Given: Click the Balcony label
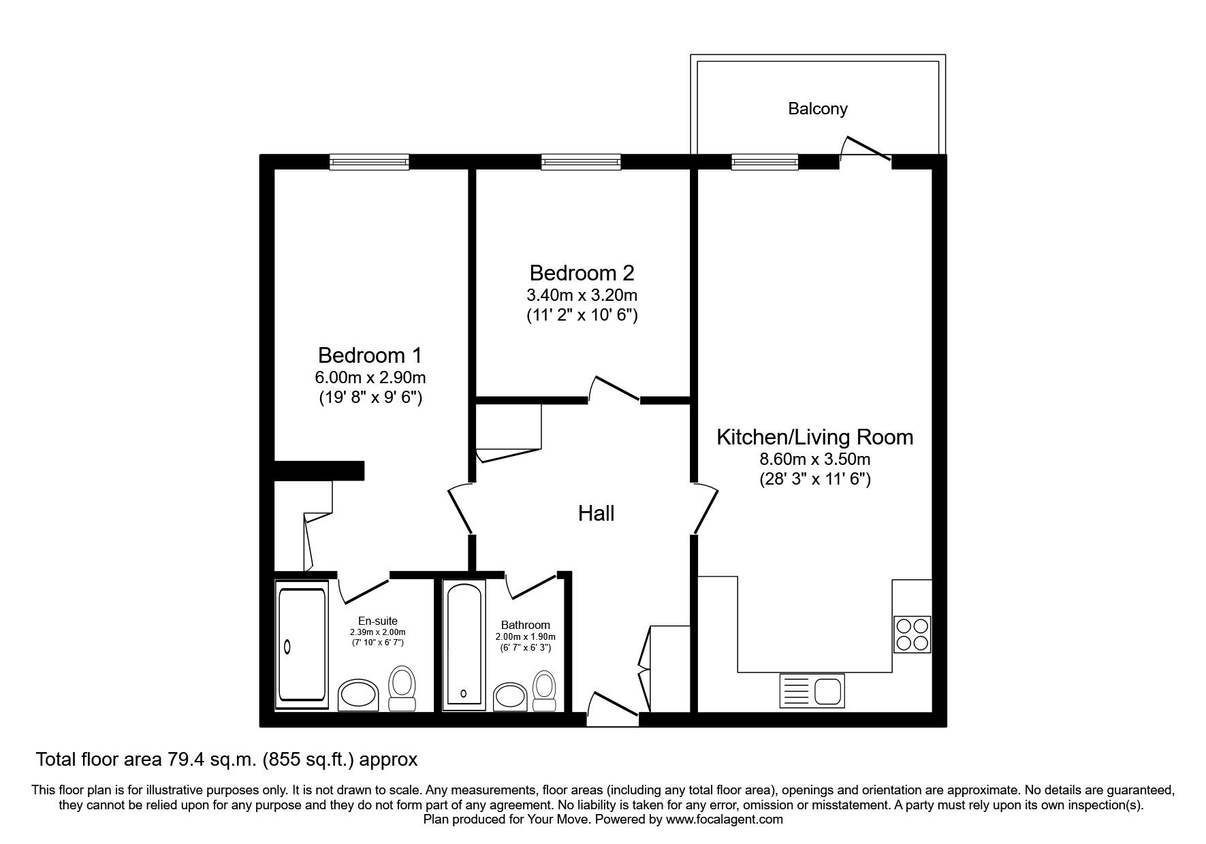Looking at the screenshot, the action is click(817, 109).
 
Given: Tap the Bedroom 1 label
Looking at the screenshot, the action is click(370, 355).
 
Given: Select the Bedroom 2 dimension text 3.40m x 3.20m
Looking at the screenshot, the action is click(582, 295).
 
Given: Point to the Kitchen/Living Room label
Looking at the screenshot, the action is click(814, 437).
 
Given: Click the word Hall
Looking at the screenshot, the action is click(596, 513).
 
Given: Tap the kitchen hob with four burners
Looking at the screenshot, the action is click(913, 634).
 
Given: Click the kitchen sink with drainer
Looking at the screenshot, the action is click(812, 691).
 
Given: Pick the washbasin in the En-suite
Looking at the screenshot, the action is click(359, 694).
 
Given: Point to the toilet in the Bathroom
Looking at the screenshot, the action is click(543, 691).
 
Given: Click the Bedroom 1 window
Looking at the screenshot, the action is click(369, 161).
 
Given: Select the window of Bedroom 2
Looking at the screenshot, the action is click(581, 161).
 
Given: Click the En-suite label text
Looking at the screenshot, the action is click(378, 621).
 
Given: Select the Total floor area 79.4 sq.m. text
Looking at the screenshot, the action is click(148, 759).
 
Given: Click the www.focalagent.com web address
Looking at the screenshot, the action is click(725, 819).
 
